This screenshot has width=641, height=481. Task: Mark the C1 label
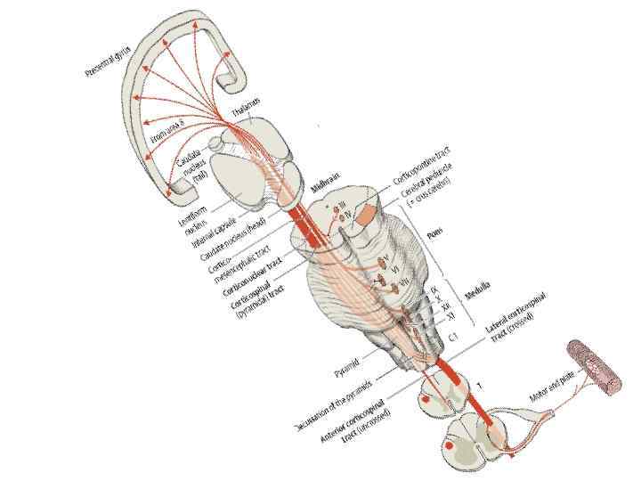454,337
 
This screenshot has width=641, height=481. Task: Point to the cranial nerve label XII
445,306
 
